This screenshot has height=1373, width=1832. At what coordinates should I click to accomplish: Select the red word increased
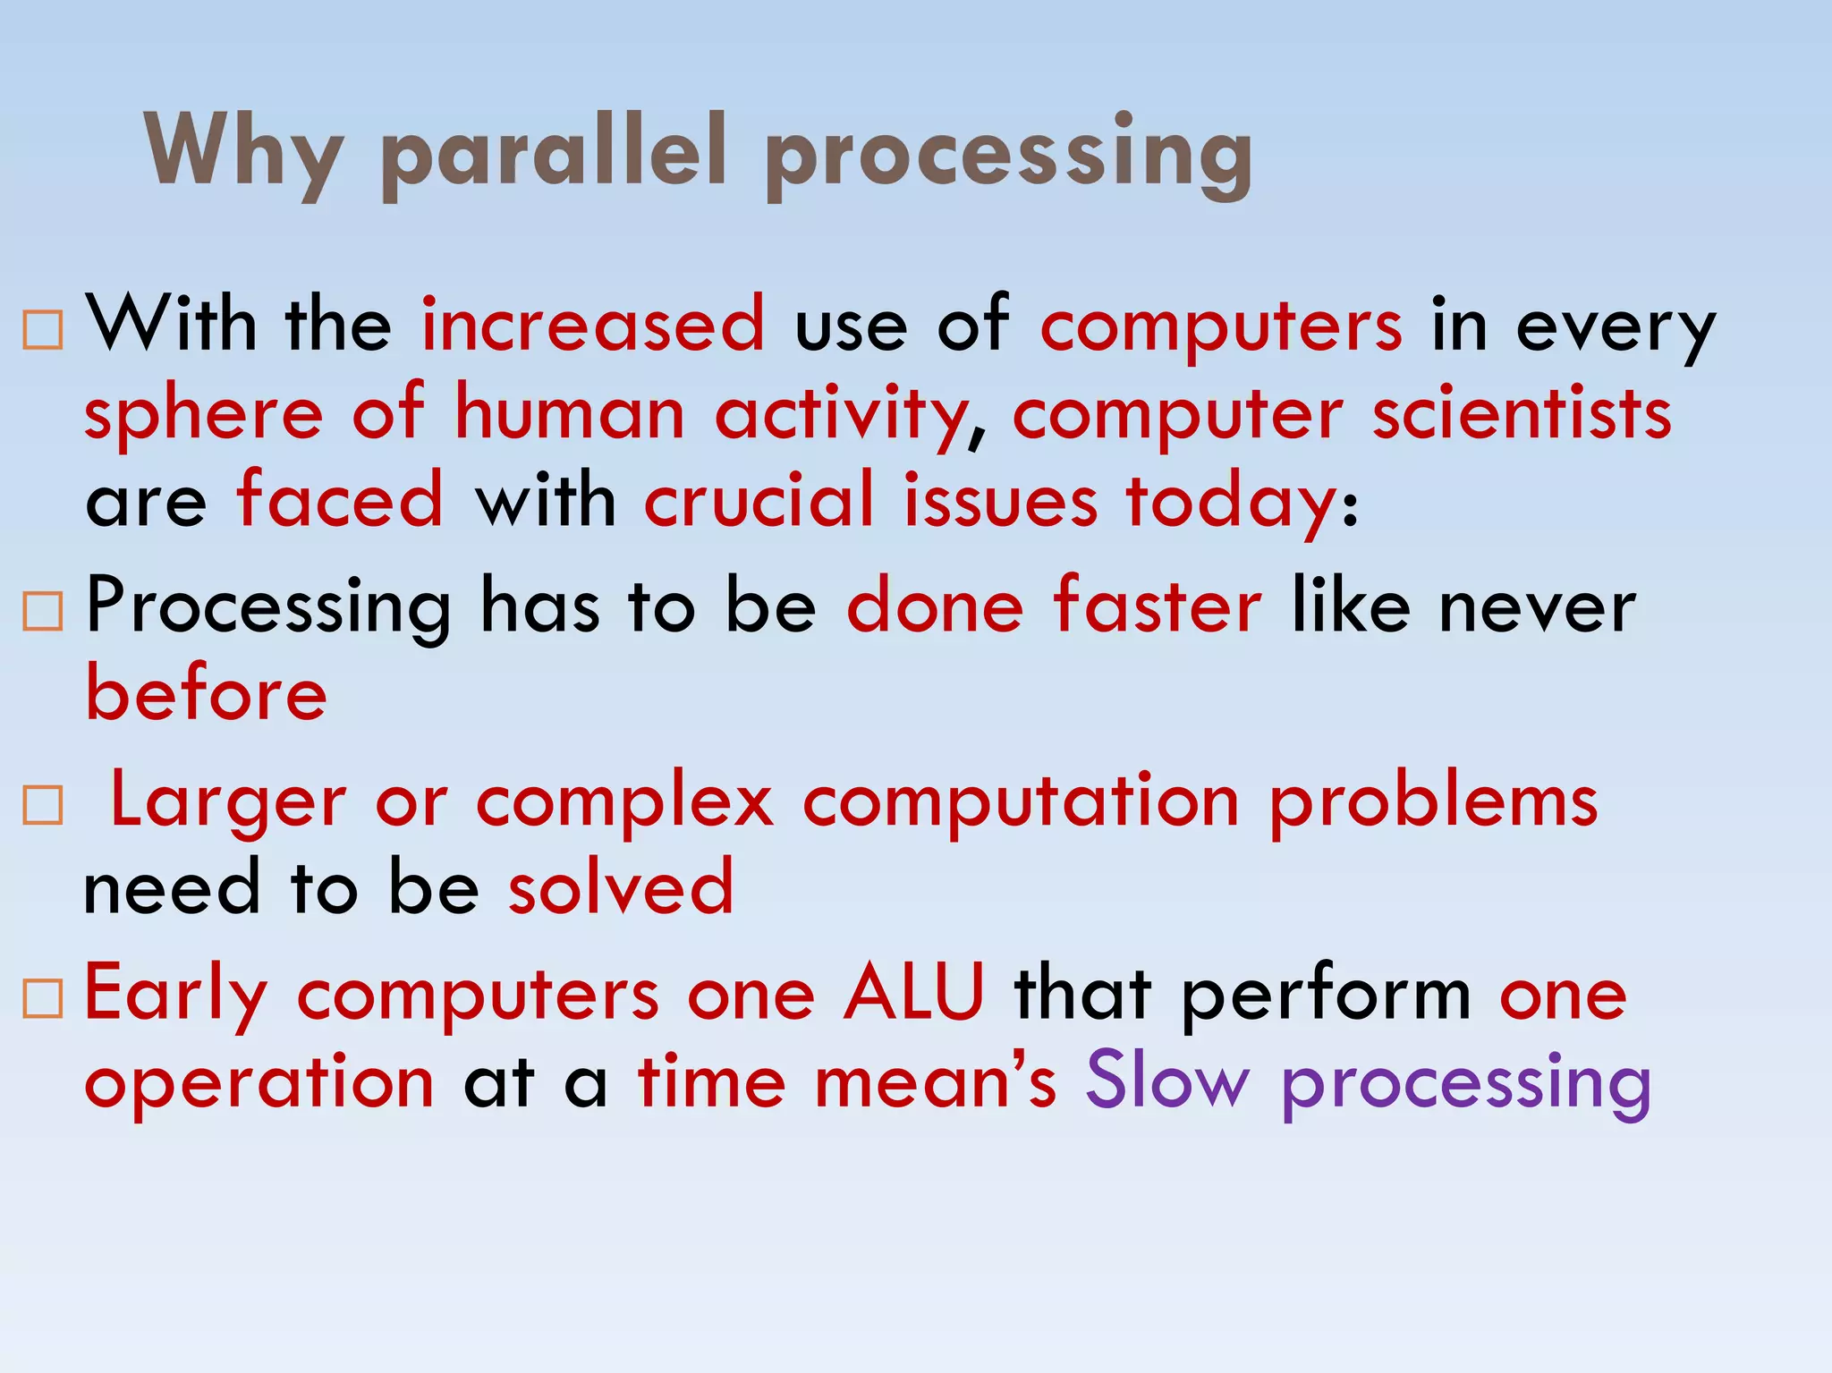593,325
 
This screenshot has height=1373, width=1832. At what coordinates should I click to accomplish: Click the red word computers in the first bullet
1221,325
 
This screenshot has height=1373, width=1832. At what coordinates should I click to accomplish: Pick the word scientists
1522,414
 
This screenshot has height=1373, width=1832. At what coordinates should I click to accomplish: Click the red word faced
340,500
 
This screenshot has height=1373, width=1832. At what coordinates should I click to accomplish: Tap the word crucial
758,500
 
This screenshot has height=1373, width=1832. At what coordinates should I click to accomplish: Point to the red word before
207,694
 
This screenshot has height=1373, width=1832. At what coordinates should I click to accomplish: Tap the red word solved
621,887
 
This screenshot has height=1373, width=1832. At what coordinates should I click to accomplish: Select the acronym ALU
913,993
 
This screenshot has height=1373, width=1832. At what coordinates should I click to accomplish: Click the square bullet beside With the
43,330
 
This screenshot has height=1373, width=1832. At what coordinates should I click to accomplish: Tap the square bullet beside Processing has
43,613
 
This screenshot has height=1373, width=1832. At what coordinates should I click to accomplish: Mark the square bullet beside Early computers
43,999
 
